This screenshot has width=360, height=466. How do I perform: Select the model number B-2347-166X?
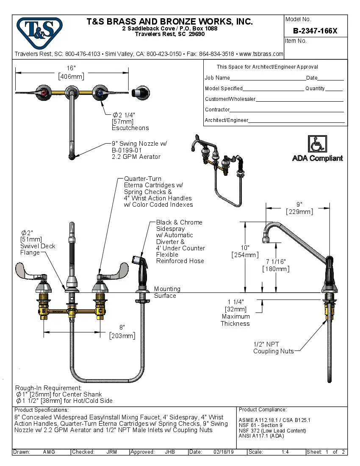[315, 31]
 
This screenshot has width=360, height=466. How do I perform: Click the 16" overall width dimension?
[71, 72]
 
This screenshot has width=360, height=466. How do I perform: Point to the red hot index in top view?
[44, 92]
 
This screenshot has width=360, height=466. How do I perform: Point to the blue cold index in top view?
[99, 92]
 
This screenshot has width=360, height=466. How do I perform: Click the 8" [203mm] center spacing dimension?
[122, 332]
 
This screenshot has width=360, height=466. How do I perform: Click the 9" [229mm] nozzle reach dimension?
[299, 208]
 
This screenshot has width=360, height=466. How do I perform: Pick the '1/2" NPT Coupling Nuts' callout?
[273, 348]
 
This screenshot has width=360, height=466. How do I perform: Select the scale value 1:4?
[285, 452]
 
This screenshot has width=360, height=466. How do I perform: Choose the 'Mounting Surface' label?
[167, 292]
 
